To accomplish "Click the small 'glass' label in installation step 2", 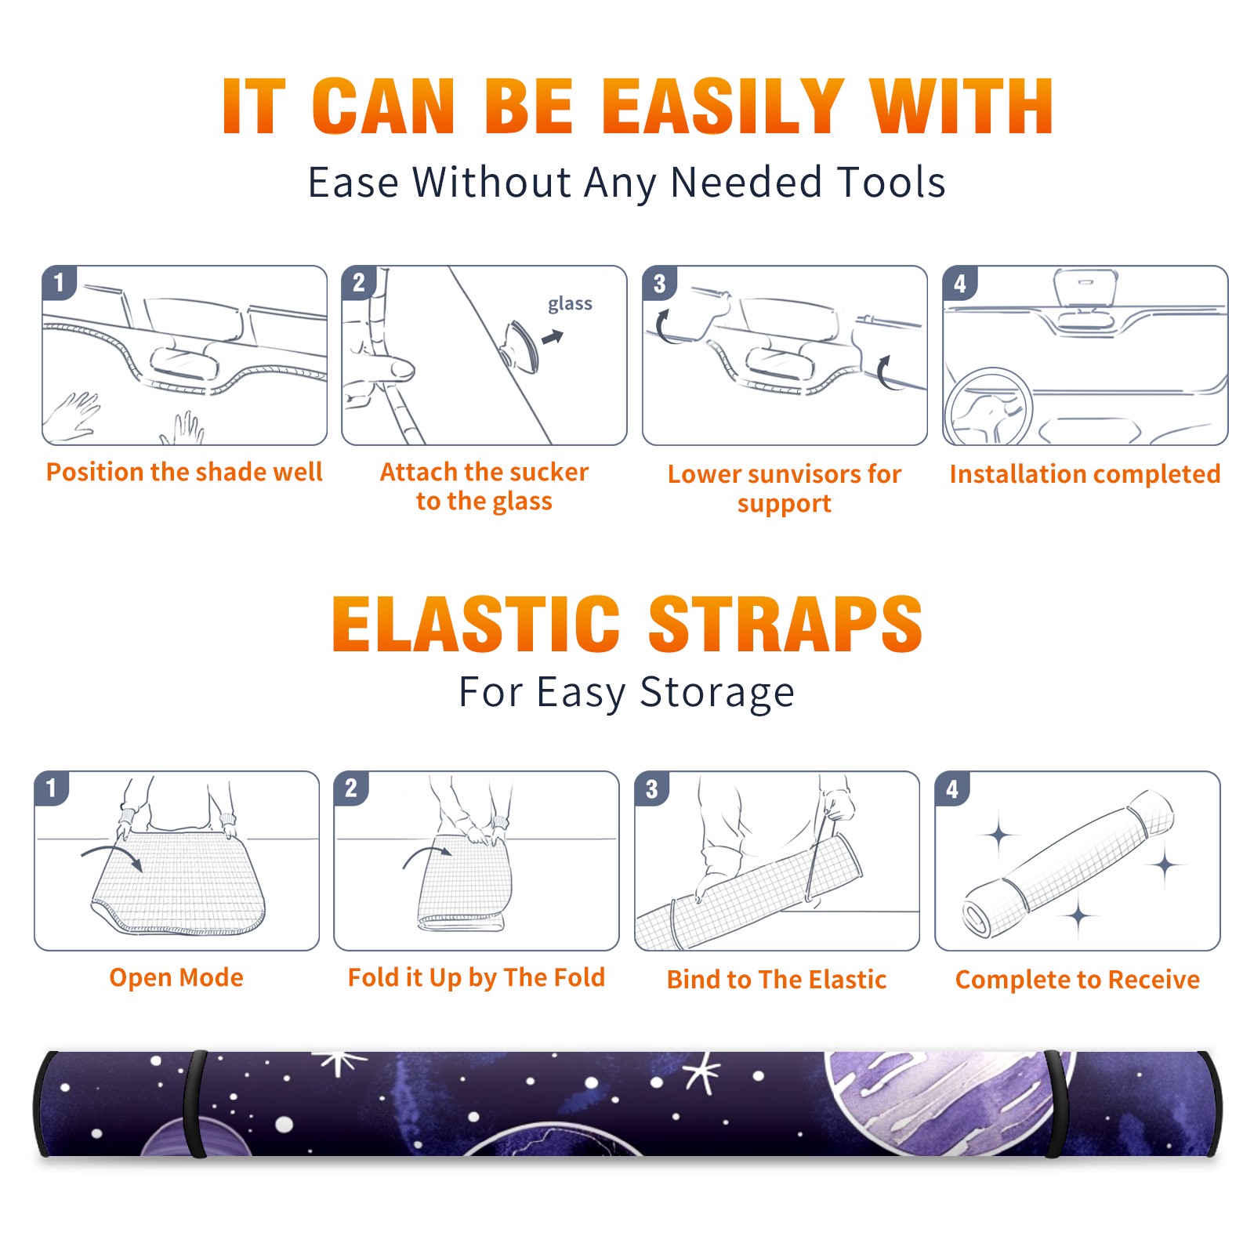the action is tap(570, 304).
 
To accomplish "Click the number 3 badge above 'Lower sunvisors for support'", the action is tap(659, 283).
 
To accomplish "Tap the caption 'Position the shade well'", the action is tap(184, 472).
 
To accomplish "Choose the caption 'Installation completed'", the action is tap(1085, 474).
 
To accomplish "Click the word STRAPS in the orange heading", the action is tap(785, 624).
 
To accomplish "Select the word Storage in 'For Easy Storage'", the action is tap(717, 694).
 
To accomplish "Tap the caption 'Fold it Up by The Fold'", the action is tap(477, 978).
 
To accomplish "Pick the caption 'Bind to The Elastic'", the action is tap(777, 980).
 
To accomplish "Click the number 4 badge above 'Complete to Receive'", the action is tap(952, 788).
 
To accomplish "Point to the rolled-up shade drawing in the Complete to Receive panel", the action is tap(1068, 864).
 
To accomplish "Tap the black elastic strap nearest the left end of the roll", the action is tap(195, 1104).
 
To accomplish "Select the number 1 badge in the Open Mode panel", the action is tap(52, 788).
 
